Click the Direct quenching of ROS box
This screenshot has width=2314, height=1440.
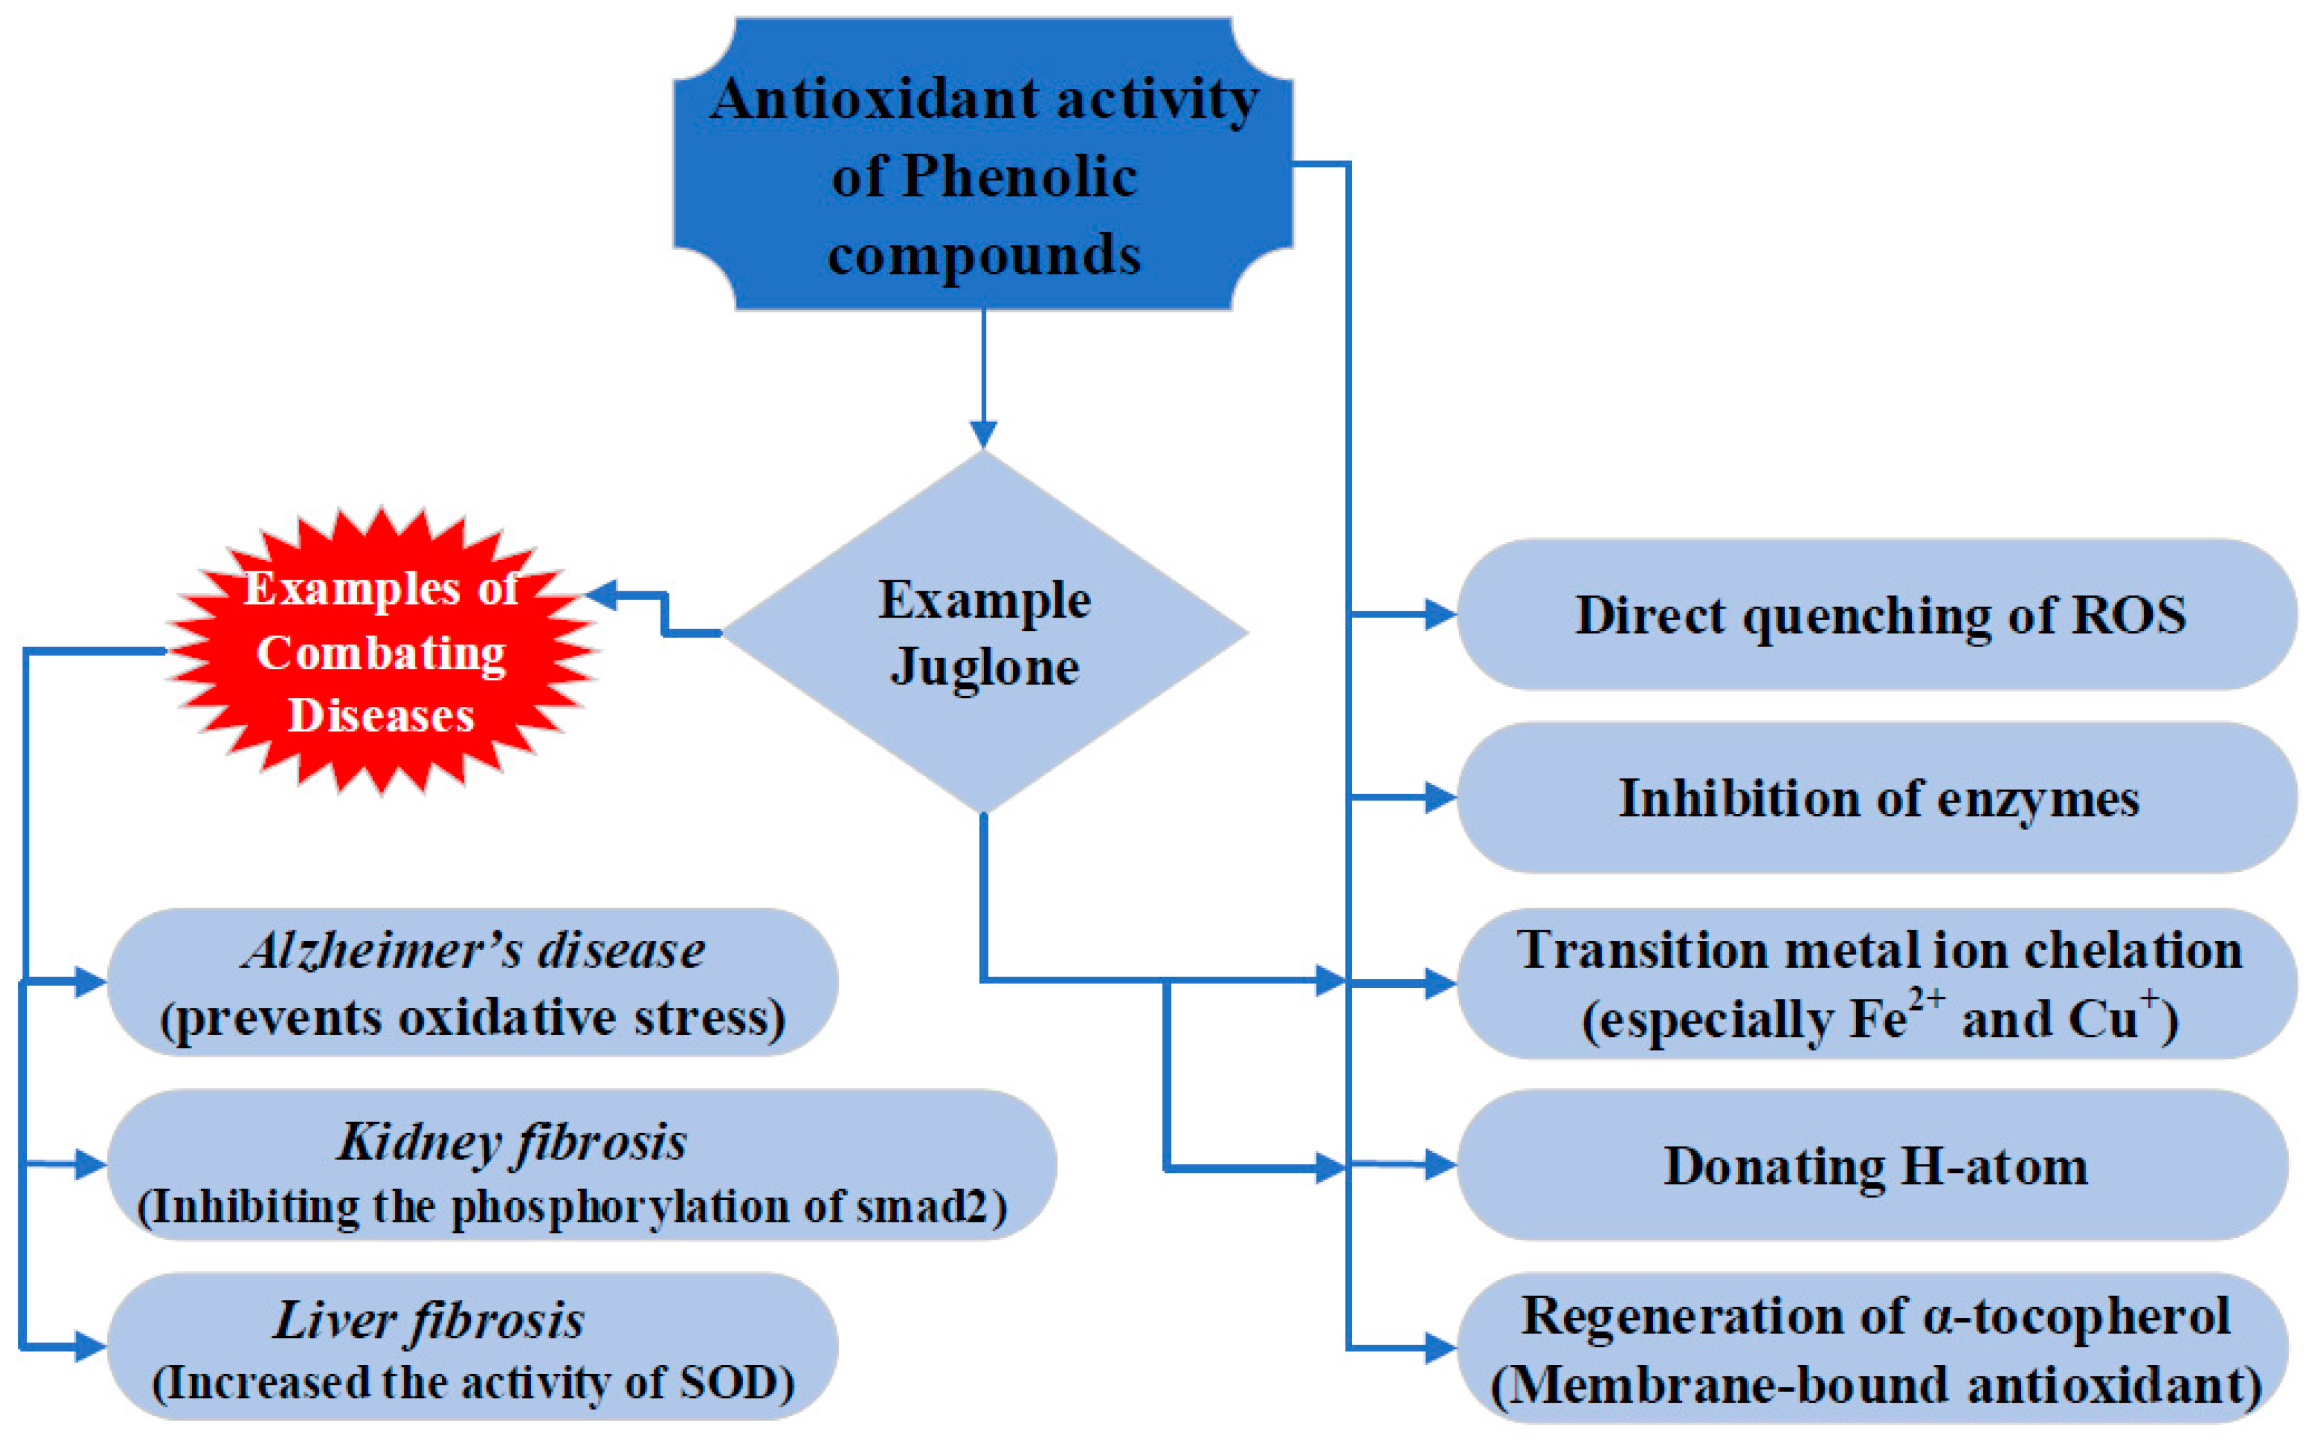pos(1877,615)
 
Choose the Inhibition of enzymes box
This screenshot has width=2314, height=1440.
pos(1877,798)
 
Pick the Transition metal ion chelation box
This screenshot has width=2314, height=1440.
pos(1877,983)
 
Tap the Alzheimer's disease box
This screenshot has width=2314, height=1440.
pos(473,983)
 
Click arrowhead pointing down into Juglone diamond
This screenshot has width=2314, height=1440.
pos(983,434)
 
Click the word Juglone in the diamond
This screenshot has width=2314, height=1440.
pos(984,666)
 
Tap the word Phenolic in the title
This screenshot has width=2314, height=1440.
pos(1019,177)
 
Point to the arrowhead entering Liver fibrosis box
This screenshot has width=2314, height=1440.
pos(91,1347)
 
